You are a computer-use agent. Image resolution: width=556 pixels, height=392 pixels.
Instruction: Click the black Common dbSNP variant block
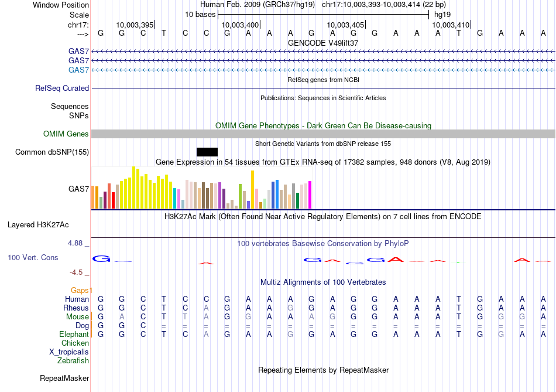click(x=207, y=152)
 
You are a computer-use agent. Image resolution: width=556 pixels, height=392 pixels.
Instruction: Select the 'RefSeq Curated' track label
click(x=62, y=88)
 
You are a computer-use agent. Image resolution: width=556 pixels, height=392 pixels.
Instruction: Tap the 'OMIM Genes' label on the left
click(x=66, y=134)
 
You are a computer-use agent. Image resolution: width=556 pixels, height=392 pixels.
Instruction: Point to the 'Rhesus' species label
click(x=76, y=308)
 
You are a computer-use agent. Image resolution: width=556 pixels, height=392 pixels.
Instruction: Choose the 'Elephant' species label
click(x=74, y=335)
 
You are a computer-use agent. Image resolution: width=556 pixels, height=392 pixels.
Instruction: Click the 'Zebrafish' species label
click(x=73, y=361)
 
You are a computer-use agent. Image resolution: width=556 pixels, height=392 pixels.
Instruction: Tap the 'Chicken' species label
click(x=75, y=343)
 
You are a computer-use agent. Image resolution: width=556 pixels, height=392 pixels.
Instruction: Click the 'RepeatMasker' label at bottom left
click(x=64, y=379)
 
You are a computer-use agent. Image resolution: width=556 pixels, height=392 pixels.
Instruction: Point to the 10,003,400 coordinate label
click(x=240, y=25)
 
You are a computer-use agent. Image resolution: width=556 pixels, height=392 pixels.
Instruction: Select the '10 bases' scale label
click(x=200, y=14)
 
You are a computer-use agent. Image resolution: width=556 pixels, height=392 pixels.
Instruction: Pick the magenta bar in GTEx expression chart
click(x=310, y=195)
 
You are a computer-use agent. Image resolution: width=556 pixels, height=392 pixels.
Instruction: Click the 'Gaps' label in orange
click(x=81, y=291)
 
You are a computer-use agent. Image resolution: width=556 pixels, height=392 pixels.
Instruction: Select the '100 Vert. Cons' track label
click(x=33, y=258)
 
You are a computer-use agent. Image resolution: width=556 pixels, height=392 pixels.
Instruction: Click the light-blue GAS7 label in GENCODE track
click(x=78, y=70)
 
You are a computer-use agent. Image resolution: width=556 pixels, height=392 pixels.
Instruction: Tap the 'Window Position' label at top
click(x=61, y=5)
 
